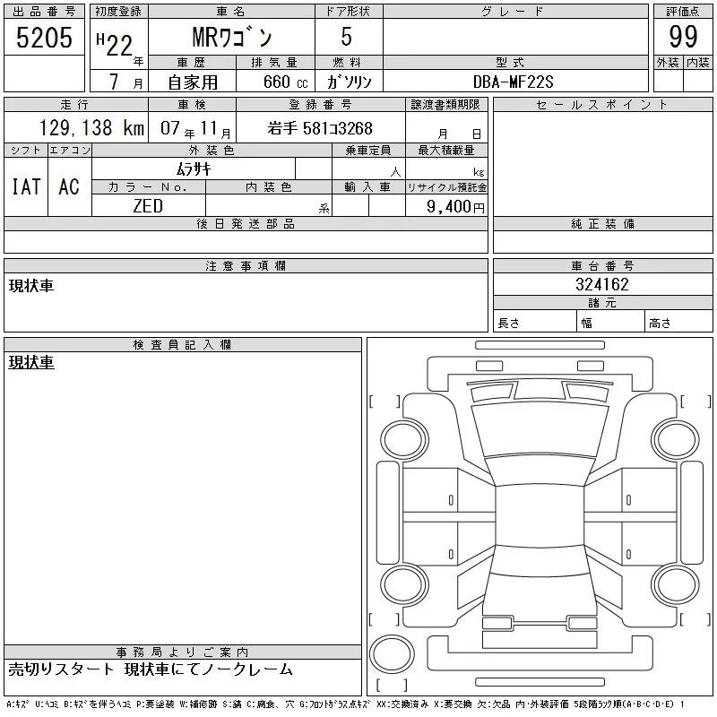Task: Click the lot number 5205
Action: (x=44, y=38)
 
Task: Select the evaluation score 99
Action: (x=683, y=37)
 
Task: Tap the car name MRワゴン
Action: (x=232, y=37)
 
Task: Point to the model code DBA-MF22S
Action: (x=513, y=82)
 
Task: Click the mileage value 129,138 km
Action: (x=91, y=128)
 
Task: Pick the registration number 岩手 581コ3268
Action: (x=320, y=128)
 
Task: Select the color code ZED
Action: (x=148, y=206)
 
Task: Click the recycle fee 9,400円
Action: (x=455, y=207)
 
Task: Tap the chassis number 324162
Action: (x=602, y=284)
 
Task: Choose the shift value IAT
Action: (x=26, y=186)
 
